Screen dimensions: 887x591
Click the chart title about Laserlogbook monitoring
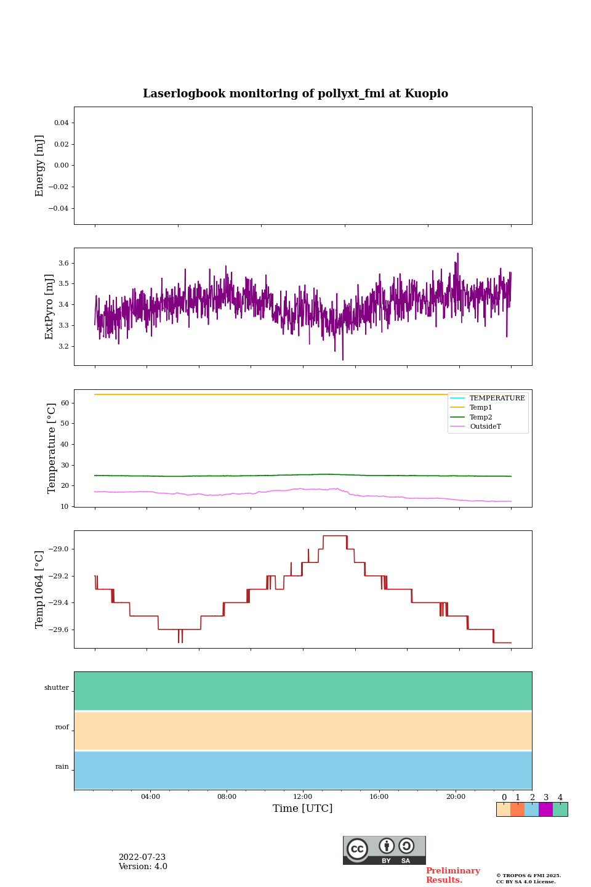click(x=295, y=94)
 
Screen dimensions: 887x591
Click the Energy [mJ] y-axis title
click(x=40, y=166)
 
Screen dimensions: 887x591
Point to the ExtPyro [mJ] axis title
click(x=50, y=307)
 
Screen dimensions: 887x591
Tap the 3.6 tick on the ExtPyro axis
click(x=63, y=263)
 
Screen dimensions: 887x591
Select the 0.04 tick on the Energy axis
click(x=61, y=123)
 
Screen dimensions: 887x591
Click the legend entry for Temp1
click(x=481, y=408)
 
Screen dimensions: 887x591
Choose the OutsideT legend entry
click(x=485, y=427)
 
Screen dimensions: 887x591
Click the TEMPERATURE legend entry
click(x=497, y=399)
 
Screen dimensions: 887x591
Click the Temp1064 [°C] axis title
click(x=40, y=589)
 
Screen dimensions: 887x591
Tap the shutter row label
click(x=57, y=688)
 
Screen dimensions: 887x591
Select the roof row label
click(x=62, y=727)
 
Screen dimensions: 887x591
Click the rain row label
click(x=62, y=767)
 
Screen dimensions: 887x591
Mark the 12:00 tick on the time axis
click(x=303, y=797)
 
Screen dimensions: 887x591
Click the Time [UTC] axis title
click(x=303, y=809)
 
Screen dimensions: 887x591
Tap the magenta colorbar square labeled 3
click(x=545, y=809)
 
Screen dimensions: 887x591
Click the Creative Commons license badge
click(x=384, y=850)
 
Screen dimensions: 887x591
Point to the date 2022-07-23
click(x=142, y=857)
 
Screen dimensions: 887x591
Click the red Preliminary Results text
click(x=452, y=875)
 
